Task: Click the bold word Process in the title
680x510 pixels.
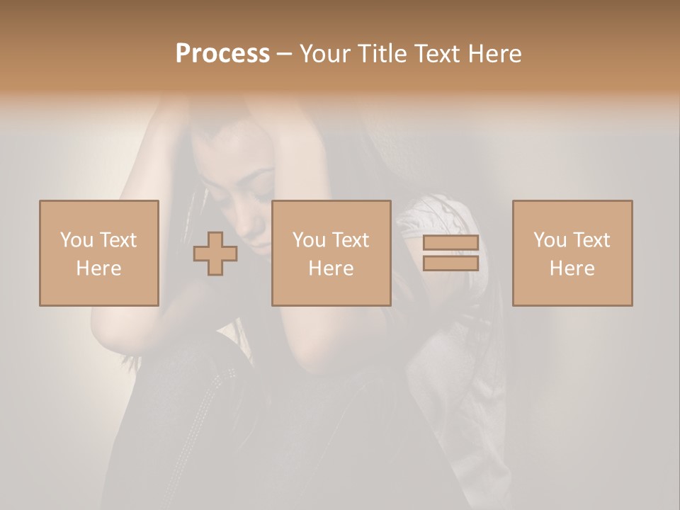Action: click(x=222, y=54)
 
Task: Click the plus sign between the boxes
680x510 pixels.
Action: click(x=215, y=254)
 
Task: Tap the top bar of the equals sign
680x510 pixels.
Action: click(x=450, y=243)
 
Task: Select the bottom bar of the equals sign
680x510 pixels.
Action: click(x=450, y=263)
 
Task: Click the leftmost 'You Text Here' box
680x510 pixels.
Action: click(x=99, y=253)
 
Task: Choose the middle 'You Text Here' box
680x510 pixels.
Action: click(x=331, y=253)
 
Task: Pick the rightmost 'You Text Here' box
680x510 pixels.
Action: click(x=572, y=253)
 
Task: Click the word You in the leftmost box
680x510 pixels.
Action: click(x=76, y=240)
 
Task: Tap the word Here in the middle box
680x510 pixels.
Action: click(x=331, y=268)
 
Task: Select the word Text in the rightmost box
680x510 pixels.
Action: click(x=591, y=240)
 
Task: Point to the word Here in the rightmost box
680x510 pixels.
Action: click(x=572, y=268)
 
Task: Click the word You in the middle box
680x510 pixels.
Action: click(x=309, y=240)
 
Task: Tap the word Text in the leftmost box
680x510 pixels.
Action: click(x=118, y=240)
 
